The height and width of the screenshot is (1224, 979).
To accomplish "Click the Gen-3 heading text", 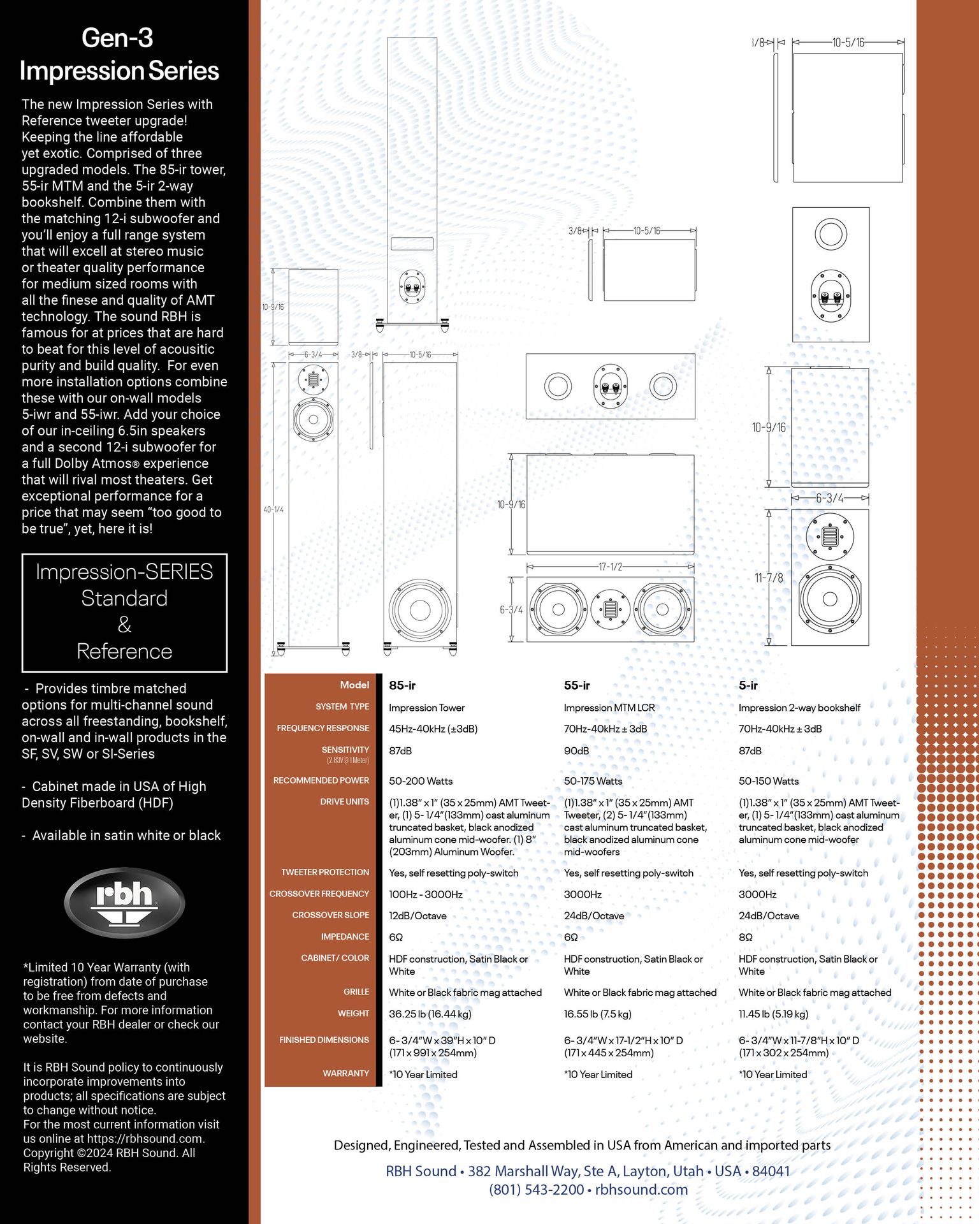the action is click(118, 38).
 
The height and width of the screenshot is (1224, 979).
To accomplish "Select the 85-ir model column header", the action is click(402, 685).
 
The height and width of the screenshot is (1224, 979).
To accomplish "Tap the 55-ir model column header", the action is click(577, 685).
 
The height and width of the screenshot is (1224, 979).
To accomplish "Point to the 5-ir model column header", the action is click(748, 685).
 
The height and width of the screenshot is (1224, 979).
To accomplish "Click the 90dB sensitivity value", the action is click(576, 751).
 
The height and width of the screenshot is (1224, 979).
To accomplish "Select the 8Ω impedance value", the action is click(746, 937).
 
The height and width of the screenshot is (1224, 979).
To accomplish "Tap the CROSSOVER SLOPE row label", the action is click(331, 915).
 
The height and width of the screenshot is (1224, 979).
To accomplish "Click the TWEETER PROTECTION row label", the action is click(325, 872).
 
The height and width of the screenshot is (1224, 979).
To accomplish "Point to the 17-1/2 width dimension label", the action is click(610, 566).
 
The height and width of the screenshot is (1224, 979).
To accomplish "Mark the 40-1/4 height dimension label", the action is click(273, 509).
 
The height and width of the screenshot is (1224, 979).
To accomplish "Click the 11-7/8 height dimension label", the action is click(769, 578).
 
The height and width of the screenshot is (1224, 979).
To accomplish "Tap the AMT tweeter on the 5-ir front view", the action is click(830, 536).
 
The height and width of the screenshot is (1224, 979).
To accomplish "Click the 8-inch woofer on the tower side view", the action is click(421, 609).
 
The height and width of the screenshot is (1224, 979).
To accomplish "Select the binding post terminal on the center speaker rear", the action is click(611, 386).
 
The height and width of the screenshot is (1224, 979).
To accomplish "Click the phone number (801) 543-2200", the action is click(537, 1190).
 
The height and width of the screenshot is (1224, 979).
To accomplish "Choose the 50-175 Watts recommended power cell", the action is click(593, 781).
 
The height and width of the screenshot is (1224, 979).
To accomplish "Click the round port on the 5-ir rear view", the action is click(830, 234).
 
